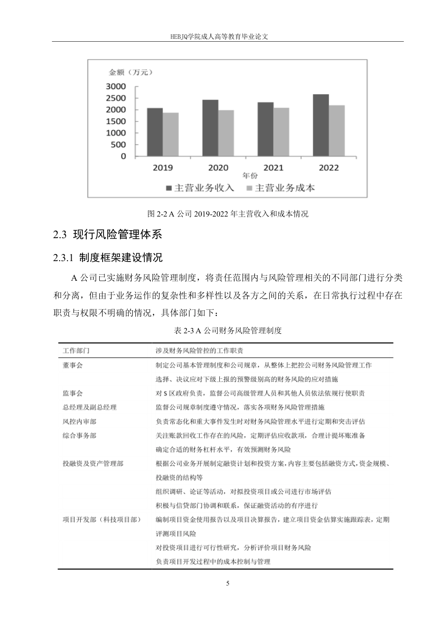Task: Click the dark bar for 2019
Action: pyautogui.click(x=155, y=133)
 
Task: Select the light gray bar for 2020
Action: pyautogui.click(x=226, y=134)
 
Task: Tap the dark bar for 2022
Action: pyautogui.click(x=321, y=126)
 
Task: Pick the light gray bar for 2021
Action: pyautogui.click(x=282, y=132)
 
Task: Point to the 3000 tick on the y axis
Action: pyautogui.click(x=116, y=86)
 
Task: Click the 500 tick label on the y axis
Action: pyautogui.click(x=119, y=145)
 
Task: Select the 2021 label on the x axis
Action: pyautogui.click(x=273, y=168)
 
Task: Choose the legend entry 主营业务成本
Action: pyautogui.click(x=280, y=188)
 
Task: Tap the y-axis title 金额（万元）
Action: pyautogui.click(x=131, y=72)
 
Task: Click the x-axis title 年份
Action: pyautogui.click(x=250, y=176)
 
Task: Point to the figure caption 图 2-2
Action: pyautogui.click(x=228, y=214)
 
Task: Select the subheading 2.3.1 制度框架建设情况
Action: pyautogui.click(x=108, y=258)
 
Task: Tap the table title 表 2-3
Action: pyautogui.click(x=228, y=330)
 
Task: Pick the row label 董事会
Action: pyautogui.click(x=73, y=365)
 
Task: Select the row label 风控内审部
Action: pyautogui.click(x=79, y=421)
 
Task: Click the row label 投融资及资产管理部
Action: pyautogui.click(x=93, y=464)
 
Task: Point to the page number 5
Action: pyautogui.click(x=228, y=584)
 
